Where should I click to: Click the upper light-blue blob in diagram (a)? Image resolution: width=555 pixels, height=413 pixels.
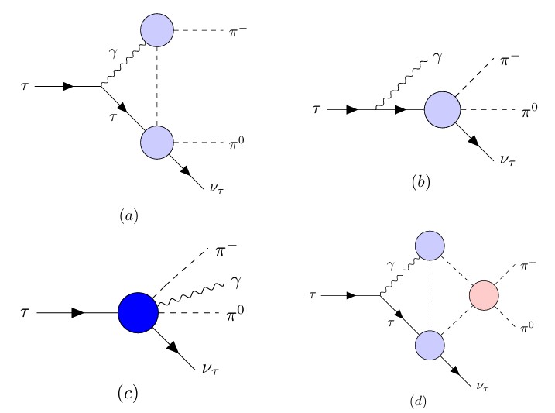pos(158,32)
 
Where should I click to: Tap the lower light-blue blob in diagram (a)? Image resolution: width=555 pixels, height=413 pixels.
pos(158,143)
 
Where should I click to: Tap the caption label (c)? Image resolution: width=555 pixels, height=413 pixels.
pos(128,392)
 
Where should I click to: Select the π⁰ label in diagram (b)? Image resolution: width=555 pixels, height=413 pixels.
pos(529,113)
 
